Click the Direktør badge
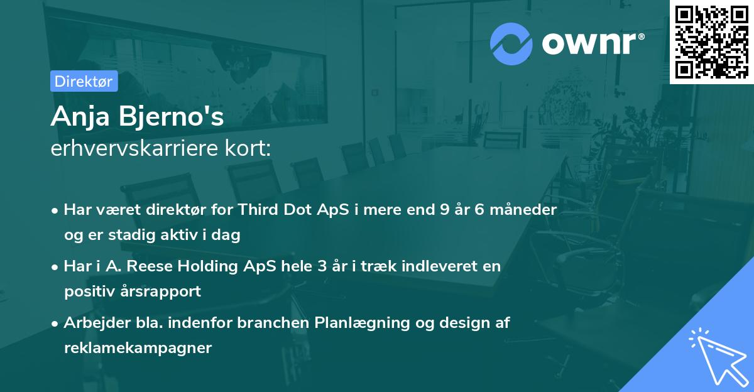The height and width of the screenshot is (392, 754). pos(84,81)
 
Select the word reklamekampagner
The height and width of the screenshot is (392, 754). pos(138,348)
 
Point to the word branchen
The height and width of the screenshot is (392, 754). pos(274,323)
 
